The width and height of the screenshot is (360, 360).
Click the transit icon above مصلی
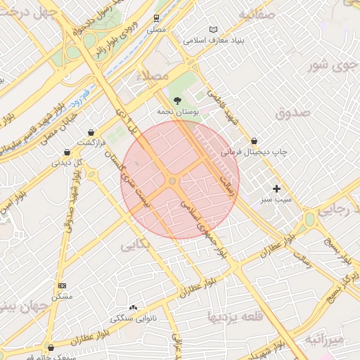coord(156,19)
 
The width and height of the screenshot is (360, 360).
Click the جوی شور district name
coord(328,66)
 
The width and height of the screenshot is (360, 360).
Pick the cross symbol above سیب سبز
coord(277,188)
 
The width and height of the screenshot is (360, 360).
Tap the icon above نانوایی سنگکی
coord(134,307)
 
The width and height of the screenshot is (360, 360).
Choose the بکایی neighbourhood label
coord(135,245)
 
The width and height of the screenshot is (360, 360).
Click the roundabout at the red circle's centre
coord(172,181)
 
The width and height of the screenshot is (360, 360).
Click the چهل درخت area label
coord(25,13)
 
